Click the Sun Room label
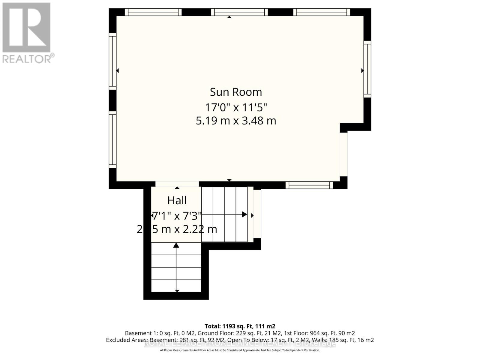coord(236,92)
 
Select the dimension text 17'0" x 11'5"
coord(236,107)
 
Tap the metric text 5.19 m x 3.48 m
coord(236,121)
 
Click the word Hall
coord(177,200)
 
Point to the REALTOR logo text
coord(28,58)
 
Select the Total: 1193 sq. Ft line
coord(240,326)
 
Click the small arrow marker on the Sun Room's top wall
coord(229,17)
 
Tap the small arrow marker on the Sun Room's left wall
coord(118,71)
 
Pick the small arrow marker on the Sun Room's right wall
coord(362,71)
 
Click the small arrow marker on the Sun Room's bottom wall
coord(229,180)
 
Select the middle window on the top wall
coord(239,12)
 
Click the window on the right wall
coord(367,69)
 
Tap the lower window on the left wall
coord(112,139)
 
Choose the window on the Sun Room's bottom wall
coord(309,185)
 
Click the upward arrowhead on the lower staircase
coord(176,245)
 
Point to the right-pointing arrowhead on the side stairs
coord(244,214)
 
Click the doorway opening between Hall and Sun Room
coord(177,184)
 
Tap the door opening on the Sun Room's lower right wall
coord(343,154)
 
